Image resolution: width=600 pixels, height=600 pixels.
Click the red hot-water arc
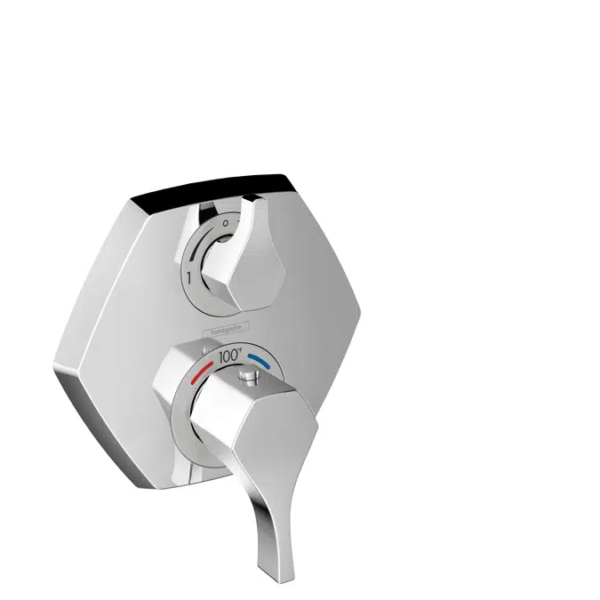201,365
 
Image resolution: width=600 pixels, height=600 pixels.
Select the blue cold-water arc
260,361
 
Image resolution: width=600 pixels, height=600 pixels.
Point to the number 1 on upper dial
188,278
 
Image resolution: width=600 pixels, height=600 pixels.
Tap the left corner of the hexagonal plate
55,364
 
